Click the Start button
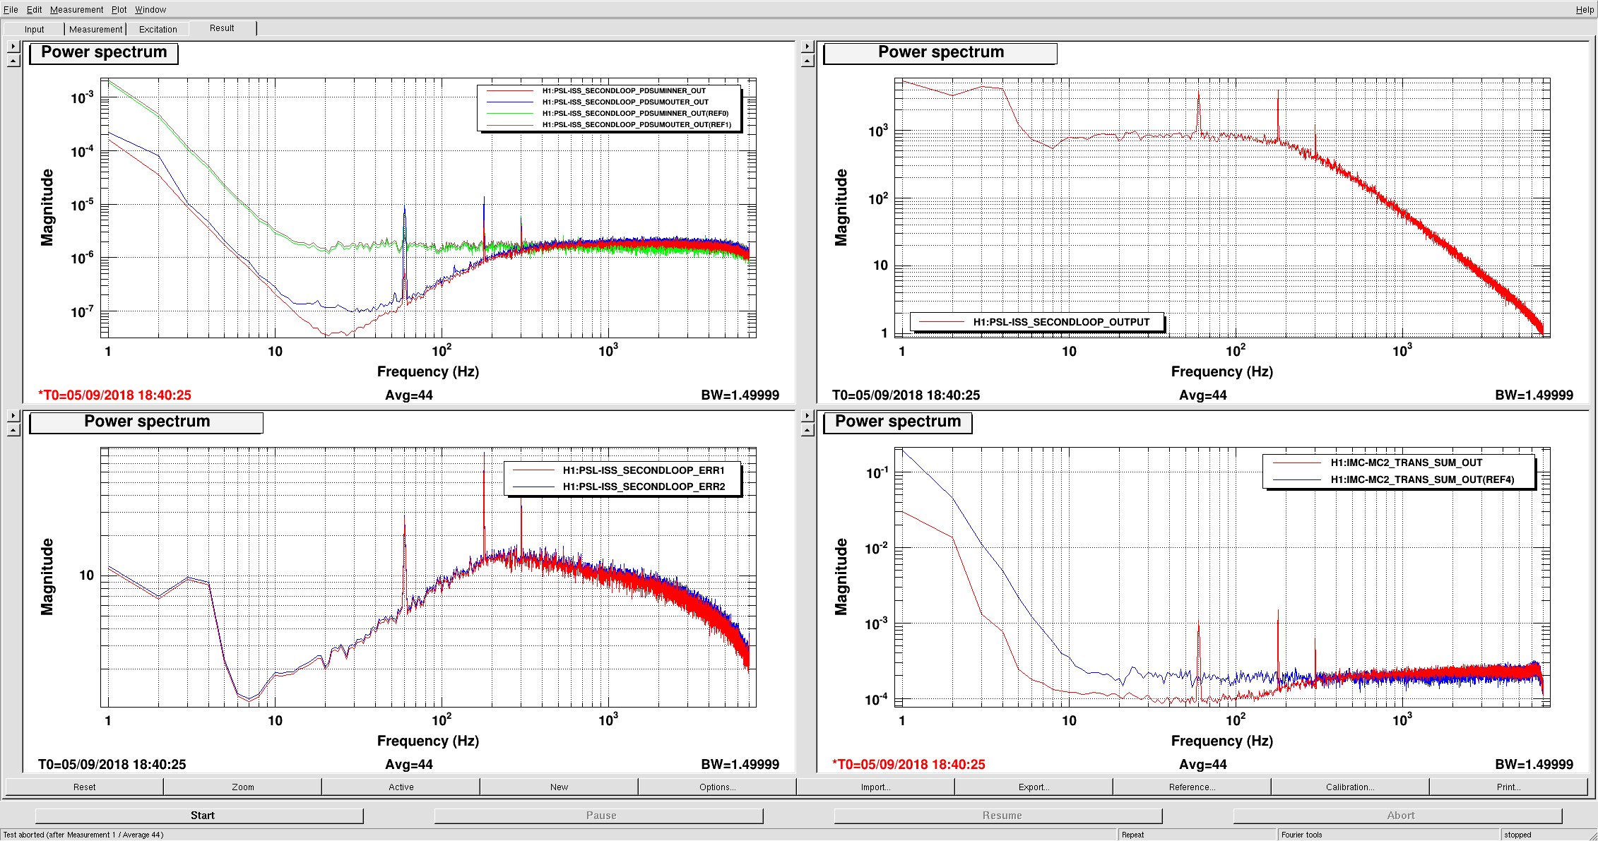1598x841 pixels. click(x=202, y=816)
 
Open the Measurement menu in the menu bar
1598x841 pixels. click(x=76, y=10)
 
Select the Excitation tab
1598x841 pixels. click(x=158, y=29)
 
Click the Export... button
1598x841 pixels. click(x=1034, y=787)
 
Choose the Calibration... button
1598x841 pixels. click(x=1350, y=787)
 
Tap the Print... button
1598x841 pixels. click(x=1508, y=787)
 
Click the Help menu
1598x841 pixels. click(x=1585, y=10)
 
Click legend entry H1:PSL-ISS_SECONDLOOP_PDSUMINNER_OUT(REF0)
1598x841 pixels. click(x=635, y=113)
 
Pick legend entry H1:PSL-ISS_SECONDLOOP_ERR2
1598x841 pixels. click(x=644, y=487)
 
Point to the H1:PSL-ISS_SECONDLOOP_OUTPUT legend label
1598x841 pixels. click(x=1061, y=322)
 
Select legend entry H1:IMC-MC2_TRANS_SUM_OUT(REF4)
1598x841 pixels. click(x=1422, y=479)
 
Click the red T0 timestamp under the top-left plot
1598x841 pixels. click(x=114, y=395)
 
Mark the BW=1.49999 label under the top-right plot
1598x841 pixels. click(x=1534, y=395)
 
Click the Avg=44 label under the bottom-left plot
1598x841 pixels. click(x=409, y=765)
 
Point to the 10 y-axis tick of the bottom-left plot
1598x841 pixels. click(x=86, y=575)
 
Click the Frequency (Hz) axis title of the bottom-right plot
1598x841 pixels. click(x=1222, y=741)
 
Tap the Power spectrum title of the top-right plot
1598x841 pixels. click(x=940, y=52)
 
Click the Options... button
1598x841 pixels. click(x=717, y=787)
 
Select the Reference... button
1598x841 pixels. click(x=1192, y=787)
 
